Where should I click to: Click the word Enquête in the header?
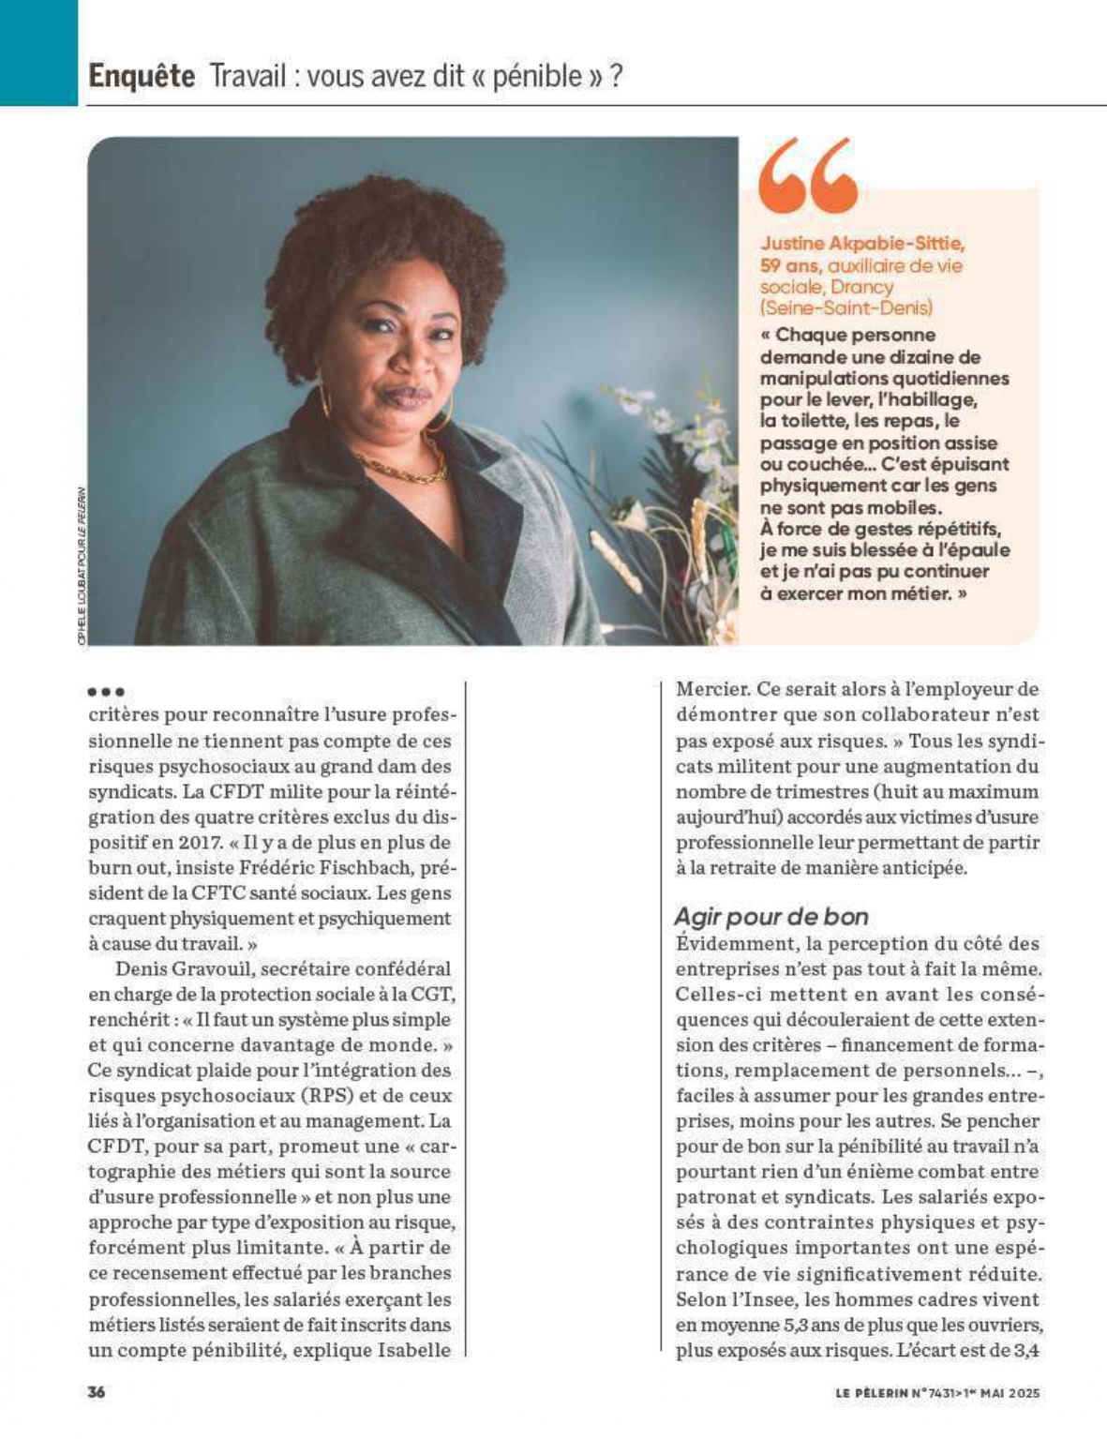142,76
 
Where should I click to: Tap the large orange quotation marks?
808,174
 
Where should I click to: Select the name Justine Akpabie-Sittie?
861,244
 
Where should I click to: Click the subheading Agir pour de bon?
770,916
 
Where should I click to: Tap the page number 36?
97,1392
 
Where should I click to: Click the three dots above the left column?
105,693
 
